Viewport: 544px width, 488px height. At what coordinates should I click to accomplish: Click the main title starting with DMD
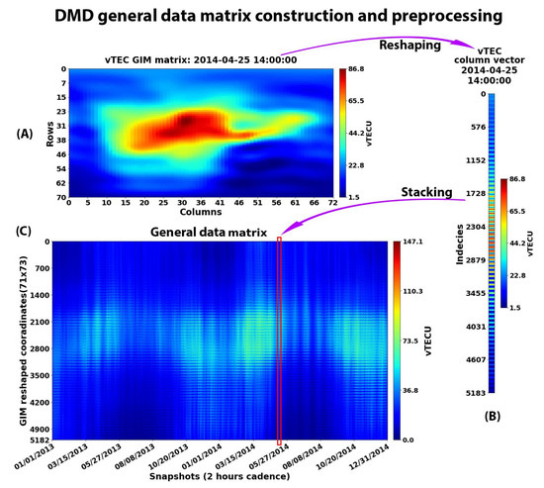271,17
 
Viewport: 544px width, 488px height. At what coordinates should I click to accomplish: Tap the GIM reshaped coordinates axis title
9,340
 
